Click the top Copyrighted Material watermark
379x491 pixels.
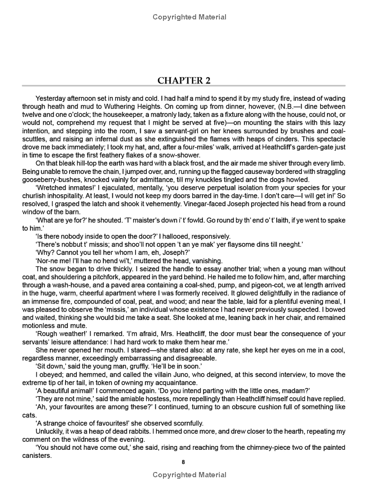(x=189, y=17)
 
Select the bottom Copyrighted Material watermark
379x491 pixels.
(x=189, y=474)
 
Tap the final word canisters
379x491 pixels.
(x=37, y=456)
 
